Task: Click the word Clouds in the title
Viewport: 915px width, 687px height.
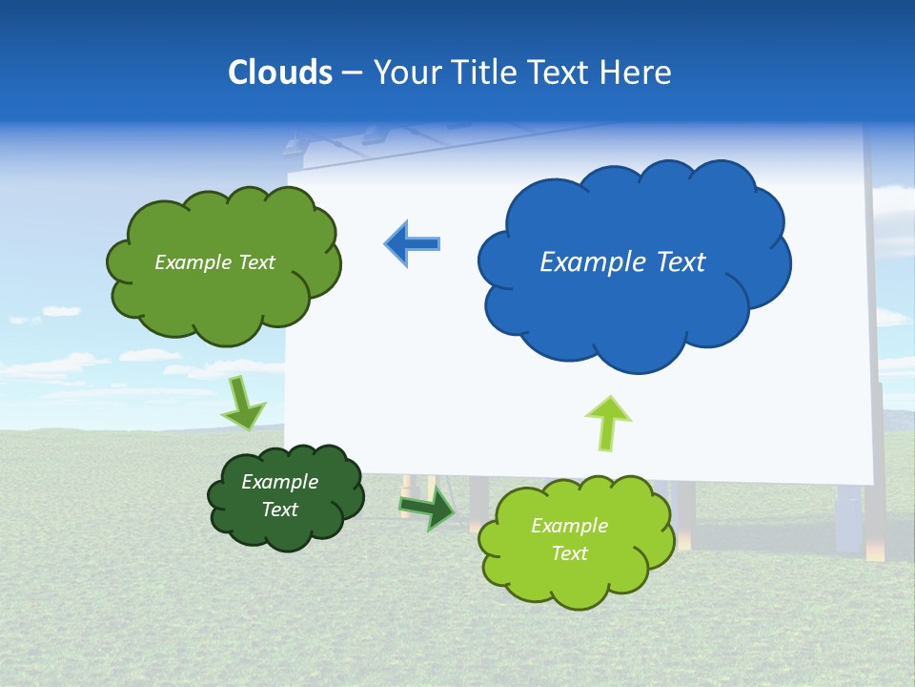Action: tap(279, 73)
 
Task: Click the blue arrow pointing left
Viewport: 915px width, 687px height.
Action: tap(413, 243)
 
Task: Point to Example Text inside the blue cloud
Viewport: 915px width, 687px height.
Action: tap(622, 262)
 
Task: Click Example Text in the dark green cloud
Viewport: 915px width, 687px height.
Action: tap(280, 495)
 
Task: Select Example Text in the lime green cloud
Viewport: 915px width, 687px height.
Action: tap(569, 539)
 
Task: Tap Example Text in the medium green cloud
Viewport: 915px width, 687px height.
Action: tap(214, 262)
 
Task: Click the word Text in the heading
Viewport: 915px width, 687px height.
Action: tap(562, 73)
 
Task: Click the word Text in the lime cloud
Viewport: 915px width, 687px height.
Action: tap(569, 553)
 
